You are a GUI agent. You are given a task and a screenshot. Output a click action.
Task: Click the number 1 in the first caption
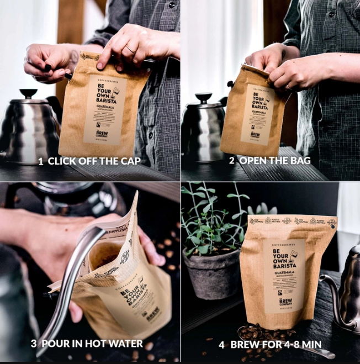(x=41, y=161)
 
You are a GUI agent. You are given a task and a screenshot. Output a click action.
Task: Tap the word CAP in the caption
(x=130, y=161)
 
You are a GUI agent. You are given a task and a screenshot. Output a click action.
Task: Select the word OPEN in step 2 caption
(x=253, y=161)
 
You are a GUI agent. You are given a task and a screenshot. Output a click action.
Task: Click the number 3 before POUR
(x=34, y=344)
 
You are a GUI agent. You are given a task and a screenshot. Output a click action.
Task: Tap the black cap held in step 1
(x=48, y=68)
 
